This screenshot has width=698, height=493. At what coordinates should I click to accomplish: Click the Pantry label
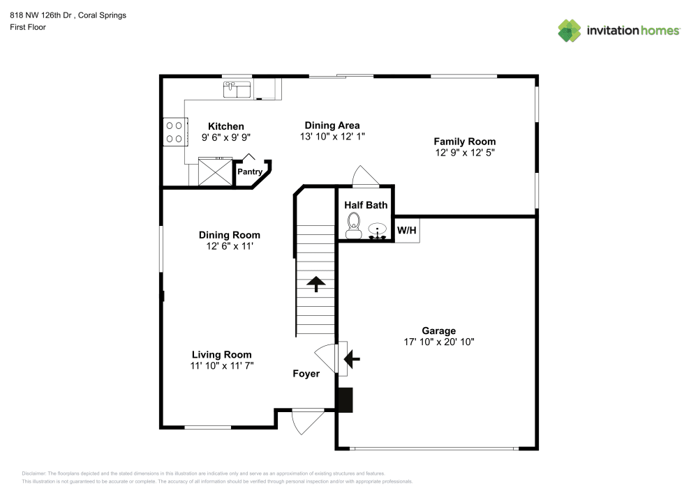250,172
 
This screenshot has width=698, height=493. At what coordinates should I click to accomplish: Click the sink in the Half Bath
378,230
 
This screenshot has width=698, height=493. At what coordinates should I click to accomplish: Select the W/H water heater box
407,230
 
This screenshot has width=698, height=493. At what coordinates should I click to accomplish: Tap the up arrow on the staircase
315,283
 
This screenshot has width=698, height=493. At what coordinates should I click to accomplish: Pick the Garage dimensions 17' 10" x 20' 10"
439,342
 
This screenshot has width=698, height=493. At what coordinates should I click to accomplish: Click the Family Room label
465,141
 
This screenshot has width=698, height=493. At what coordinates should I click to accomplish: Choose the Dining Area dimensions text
332,137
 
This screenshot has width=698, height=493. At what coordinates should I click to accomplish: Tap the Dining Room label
229,235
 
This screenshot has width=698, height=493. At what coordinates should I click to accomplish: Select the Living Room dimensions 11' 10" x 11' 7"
221,365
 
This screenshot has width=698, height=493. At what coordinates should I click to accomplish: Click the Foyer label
306,374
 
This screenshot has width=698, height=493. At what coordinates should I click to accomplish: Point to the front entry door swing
306,420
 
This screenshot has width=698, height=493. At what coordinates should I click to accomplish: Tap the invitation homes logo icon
570,30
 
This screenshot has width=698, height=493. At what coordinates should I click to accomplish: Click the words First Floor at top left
27,27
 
